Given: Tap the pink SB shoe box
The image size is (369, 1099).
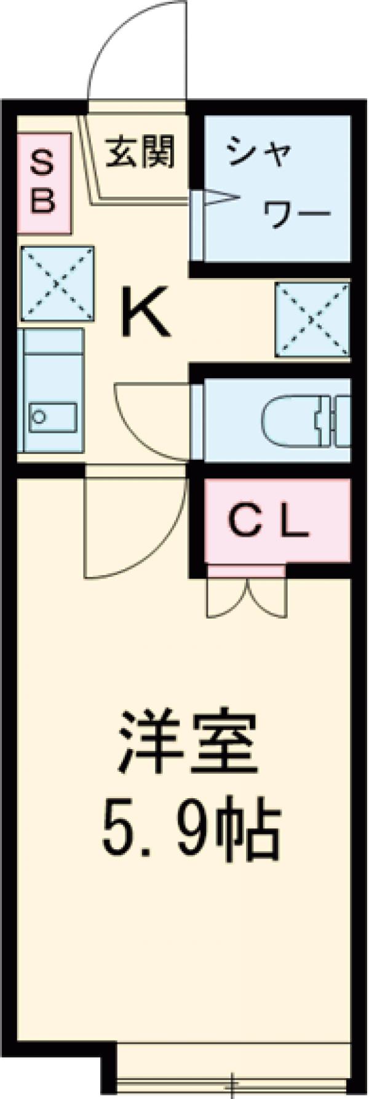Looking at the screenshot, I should [x=44, y=183].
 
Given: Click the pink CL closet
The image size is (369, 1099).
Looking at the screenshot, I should [x=277, y=523].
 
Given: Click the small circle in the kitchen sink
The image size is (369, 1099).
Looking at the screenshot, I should [x=39, y=417].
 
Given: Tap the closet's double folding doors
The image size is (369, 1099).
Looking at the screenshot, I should [x=247, y=596].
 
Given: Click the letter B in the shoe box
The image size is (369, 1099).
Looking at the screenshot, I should [x=43, y=200].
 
